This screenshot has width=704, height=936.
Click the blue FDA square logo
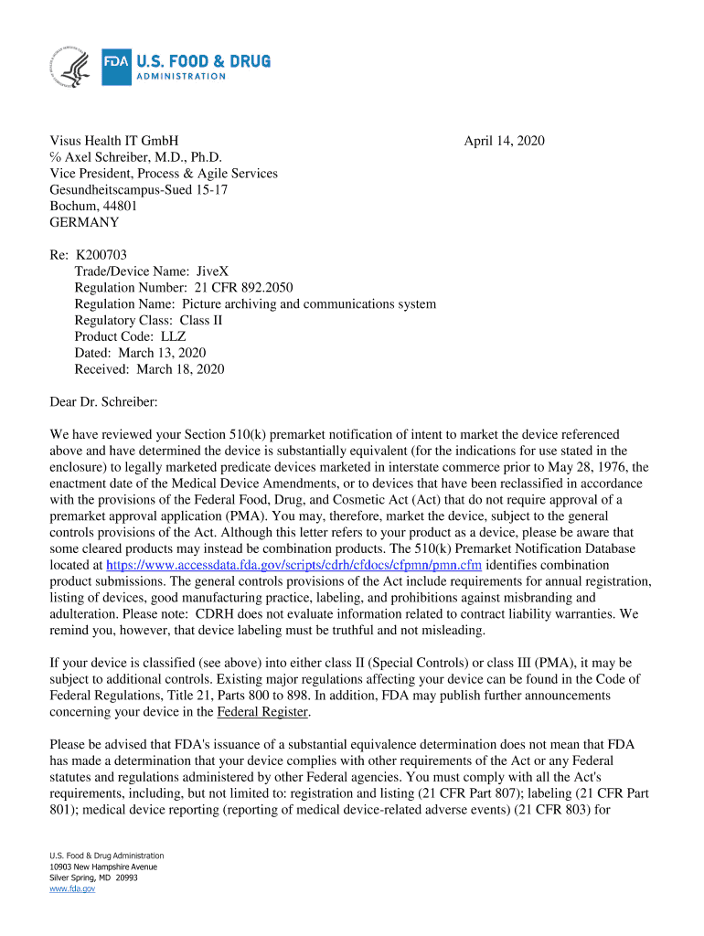116,67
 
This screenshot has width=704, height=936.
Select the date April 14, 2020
504,141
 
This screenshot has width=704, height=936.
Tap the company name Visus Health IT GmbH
113,141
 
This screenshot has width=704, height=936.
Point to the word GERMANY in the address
84,222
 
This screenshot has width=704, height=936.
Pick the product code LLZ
174,337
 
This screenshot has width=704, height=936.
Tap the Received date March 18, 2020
180,369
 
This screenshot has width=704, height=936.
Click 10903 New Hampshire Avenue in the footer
103,866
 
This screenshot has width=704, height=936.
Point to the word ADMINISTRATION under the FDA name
181,76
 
